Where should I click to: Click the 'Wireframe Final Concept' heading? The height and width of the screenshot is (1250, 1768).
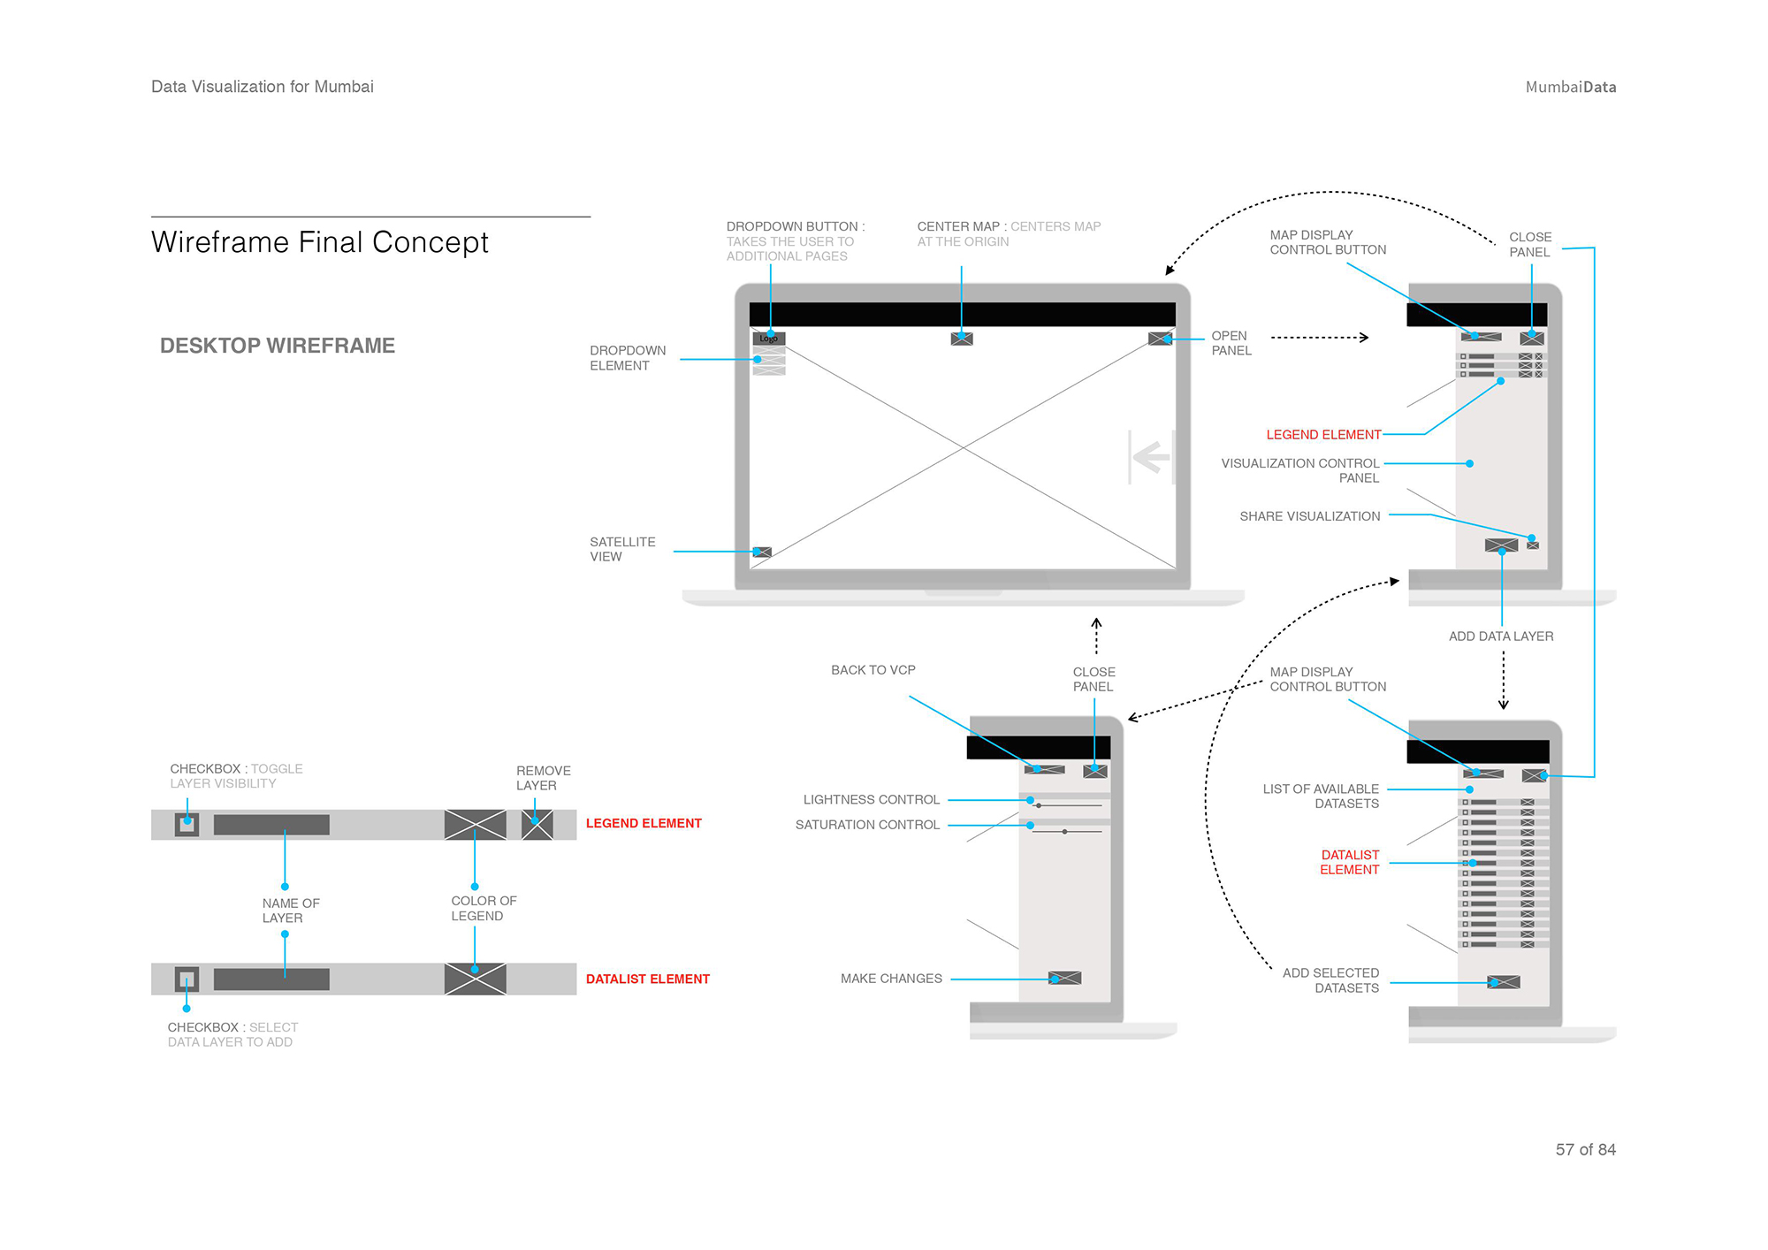pos(319,242)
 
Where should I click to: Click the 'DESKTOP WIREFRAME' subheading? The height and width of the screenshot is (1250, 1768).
pos(277,346)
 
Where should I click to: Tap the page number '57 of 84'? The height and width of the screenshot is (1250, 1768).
pos(1585,1149)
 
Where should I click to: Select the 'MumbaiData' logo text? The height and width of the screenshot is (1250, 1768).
pos(1570,87)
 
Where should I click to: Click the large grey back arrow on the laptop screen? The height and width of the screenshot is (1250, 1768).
pos(1151,457)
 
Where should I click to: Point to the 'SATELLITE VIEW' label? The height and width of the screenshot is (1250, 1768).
pos(622,549)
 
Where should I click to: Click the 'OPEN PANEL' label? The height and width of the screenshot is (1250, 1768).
pos(1231,343)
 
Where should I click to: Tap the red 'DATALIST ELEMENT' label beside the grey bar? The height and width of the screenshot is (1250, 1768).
pos(647,979)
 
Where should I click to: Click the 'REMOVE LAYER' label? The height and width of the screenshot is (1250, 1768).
pos(543,778)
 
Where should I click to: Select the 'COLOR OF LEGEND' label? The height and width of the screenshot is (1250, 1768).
pos(484,908)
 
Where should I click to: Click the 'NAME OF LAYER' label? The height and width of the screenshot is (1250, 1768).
pos(290,911)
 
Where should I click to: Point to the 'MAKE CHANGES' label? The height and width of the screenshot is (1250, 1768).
pos(891,979)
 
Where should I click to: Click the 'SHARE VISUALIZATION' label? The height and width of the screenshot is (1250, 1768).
pos(1309,516)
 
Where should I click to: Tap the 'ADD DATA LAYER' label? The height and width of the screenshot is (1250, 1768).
pos(1500,636)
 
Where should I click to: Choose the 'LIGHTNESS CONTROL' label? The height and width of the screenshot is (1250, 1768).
pos(871,799)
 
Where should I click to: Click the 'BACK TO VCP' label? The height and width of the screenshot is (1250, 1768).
pos(873,670)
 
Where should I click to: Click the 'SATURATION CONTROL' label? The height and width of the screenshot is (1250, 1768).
pos(867,825)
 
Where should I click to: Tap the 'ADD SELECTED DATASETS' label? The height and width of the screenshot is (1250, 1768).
pos(1331,980)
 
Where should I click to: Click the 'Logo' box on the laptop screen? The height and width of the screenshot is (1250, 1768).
pos(768,339)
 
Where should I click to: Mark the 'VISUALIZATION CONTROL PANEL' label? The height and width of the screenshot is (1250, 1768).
pos(1300,470)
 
